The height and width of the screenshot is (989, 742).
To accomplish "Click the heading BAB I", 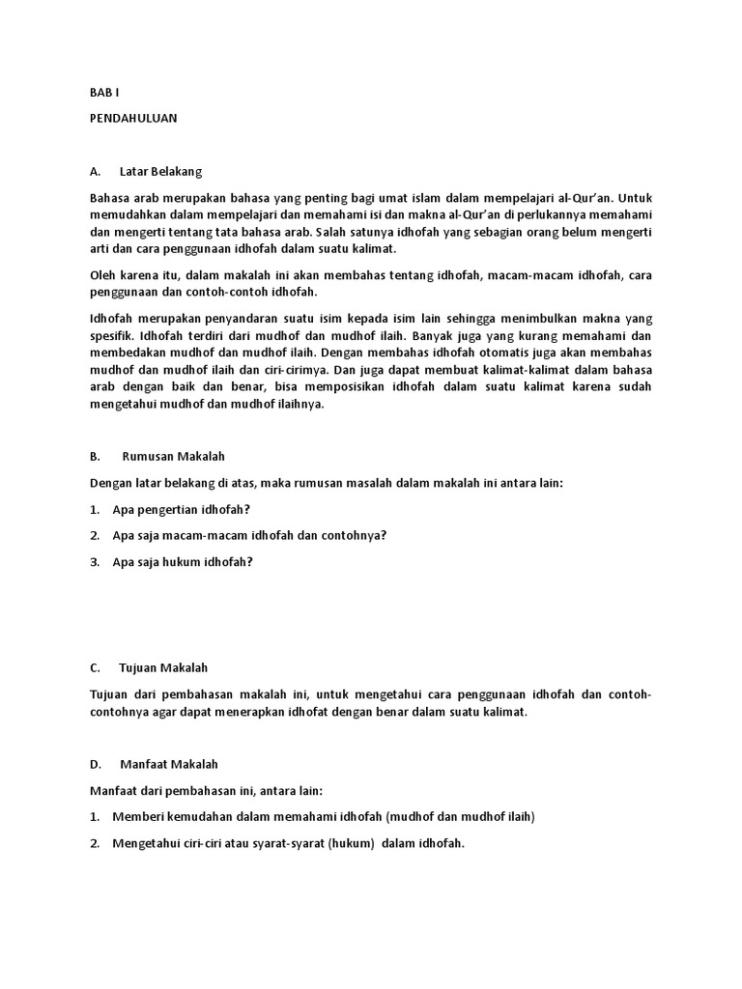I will coord(101,94).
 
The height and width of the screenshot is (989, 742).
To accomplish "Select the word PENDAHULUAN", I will coord(133,119).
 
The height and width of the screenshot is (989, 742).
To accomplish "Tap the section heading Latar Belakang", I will coord(160,171).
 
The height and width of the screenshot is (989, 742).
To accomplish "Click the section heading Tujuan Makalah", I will coord(163,667).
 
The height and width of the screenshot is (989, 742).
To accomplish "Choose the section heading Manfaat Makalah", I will coord(166,764).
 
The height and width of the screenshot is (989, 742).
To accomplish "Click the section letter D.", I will coord(95,764).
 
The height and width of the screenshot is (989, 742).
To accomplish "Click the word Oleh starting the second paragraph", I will coord(103,274).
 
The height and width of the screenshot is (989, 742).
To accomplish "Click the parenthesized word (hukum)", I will coord(351,843).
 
